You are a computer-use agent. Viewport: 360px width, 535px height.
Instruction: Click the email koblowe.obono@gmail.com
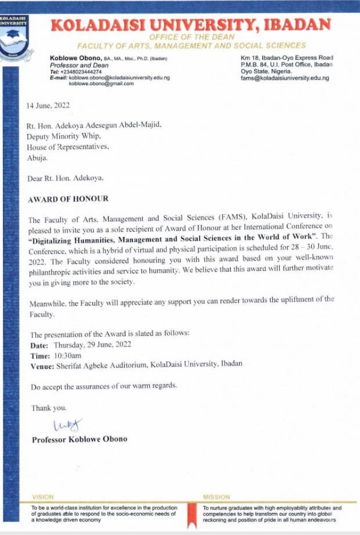pos(101,84)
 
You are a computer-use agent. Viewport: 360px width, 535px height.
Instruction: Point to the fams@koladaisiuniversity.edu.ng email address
pos(285,78)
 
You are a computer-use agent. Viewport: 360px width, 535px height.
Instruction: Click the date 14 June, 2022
pos(48,106)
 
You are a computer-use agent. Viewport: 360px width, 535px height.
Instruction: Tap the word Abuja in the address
pos(38,157)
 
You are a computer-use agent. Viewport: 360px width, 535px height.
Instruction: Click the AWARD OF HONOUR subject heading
pos(68,199)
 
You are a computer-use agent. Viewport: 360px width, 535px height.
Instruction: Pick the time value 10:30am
pos(67,355)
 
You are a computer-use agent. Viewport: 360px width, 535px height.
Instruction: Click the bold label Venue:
pos(42,366)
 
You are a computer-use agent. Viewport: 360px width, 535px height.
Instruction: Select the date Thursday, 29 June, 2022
pos(95,345)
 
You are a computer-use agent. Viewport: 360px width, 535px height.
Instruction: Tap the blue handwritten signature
pos(67,425)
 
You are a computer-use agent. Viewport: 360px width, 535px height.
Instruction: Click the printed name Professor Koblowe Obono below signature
pos(79,439)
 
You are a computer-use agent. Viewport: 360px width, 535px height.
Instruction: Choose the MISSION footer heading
pos(216,497)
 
